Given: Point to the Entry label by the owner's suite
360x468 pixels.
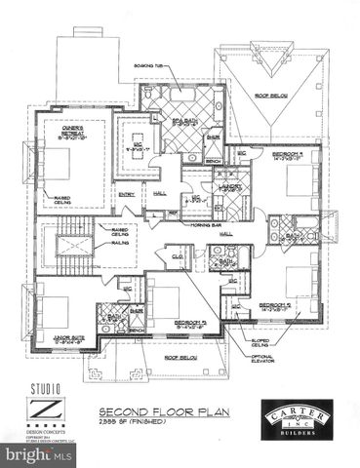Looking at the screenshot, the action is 128,195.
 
